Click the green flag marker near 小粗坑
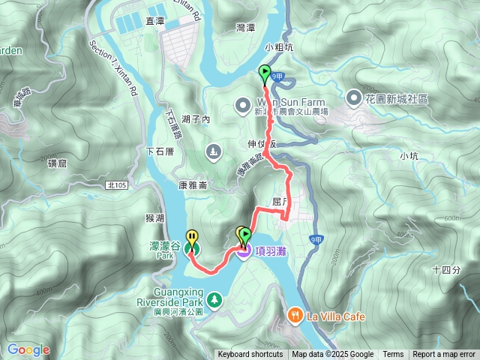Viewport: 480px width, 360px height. (x=265, y=73)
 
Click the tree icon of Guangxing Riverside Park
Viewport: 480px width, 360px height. (x=215, y=300)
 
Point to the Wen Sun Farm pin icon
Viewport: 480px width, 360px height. (x=243, y=104)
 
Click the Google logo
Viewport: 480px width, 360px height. (x=28, y=349)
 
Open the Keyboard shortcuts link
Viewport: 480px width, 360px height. (x=250, y=355)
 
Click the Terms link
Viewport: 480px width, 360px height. (x=393, y=355)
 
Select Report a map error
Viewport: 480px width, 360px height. (x=444, y=355)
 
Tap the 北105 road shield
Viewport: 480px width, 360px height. (x=116, y=184)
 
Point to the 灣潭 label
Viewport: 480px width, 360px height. (x=246, y=27)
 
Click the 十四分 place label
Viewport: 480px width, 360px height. (x=446, y=270)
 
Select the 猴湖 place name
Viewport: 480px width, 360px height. (x=155, y=217)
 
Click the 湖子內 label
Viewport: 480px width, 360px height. (x=196, y=119)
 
